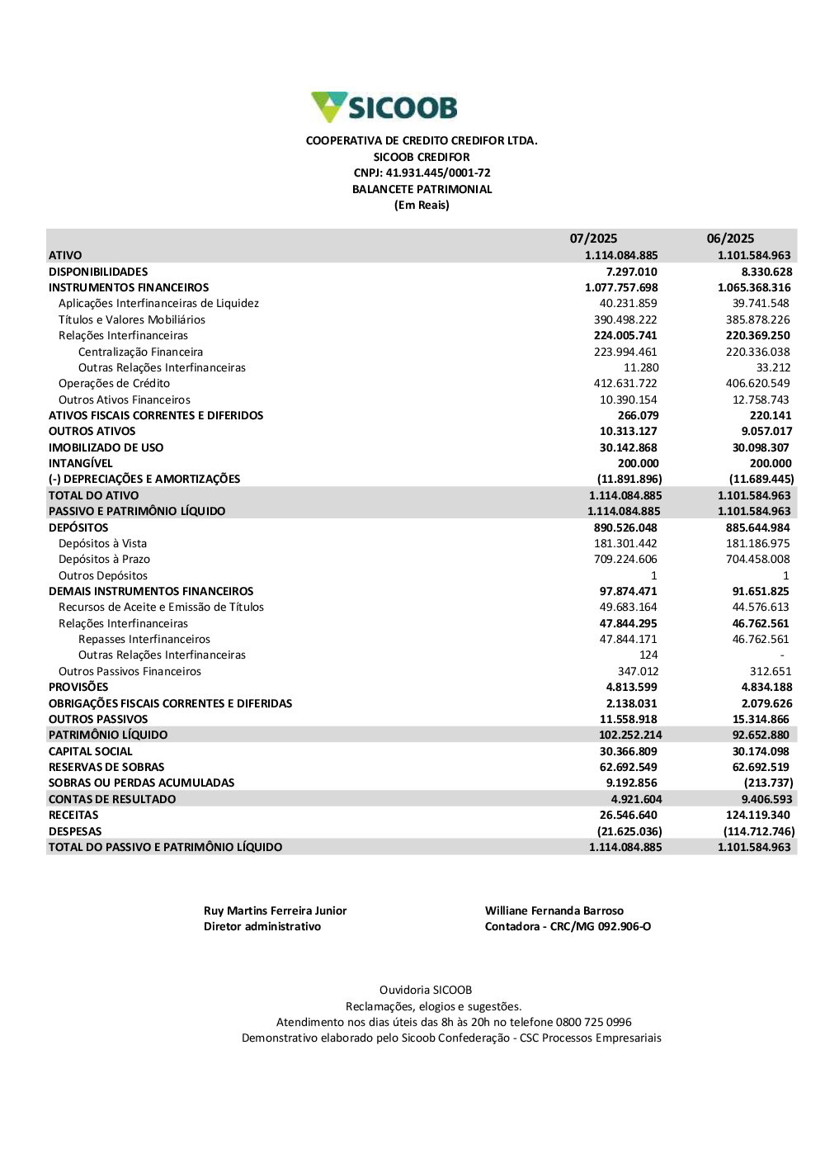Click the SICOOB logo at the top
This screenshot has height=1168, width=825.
(x=384, y=107)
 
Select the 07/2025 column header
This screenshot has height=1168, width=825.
(x=593, y=239)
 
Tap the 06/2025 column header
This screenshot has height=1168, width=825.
(x=730, y=239)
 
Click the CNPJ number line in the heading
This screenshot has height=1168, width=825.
(x=422, y=173)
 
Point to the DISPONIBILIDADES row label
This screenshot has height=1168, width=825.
(x=98, y=272)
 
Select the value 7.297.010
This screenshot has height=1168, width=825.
(x=631, y=272)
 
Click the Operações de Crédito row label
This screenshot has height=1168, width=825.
(x=114, y=383)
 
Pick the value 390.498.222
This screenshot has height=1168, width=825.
(x=625, y=319)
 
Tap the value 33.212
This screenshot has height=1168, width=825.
(x=773, y=367)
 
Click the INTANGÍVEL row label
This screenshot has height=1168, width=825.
(x=80, y=463)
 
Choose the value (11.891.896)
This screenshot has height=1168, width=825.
(x=629, y=479)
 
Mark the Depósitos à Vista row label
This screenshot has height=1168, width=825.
(x=102, y=543)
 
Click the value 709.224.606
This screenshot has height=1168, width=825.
(x=625, y=559)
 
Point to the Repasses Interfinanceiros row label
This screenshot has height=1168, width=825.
(x=144, y=639)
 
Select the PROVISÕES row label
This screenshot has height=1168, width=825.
(x=78, y=687)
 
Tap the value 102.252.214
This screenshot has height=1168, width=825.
(x=630, y=735)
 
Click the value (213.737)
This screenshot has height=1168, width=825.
(x=768, y=783)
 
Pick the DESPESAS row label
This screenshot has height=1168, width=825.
(x=75, y=831)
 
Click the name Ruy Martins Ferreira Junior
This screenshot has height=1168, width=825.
(x=275, y=910)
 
